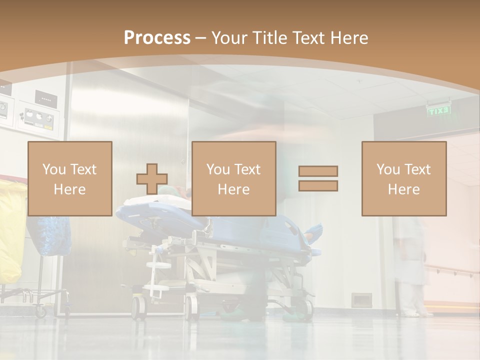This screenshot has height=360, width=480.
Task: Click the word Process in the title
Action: pyautogui.click(x=157, y=37)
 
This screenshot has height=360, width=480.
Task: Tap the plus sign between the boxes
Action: pyautogui.click(x=152, y=179)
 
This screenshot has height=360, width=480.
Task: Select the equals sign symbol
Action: pyautogui.click(x=318, y=178)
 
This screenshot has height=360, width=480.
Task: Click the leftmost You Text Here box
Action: pyautogui.click(x=70, y=178)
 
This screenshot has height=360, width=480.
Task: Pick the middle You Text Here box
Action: pyautogui.click(x=233, y=178)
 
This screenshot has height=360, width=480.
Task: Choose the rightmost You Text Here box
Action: pyautogui.click(x=403, y=178)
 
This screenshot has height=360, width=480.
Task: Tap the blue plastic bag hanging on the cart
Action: pyautogui.click(x=48, y=235)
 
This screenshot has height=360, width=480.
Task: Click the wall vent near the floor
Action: pyautogui.click(x=360, y=300)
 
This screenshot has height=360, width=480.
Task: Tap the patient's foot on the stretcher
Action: pyautogui.click(x=314, y=231)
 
